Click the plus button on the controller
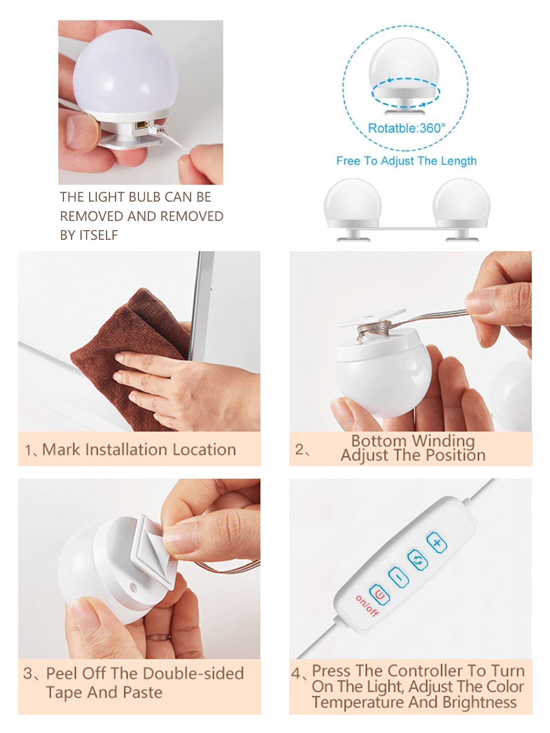point(437,543)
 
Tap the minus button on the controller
point(399,577)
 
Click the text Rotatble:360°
point(406,128)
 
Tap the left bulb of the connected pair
point(353,203)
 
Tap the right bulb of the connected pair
point(461,203)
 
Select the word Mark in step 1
point(61,450)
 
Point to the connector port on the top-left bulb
point(142,125)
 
